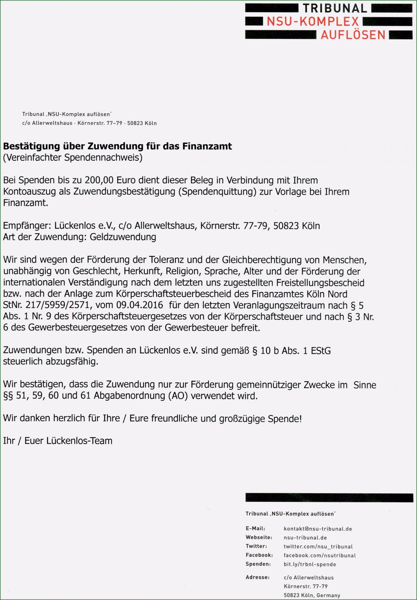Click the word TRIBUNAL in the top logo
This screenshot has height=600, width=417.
335,9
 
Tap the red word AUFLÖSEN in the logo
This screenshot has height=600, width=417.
353,35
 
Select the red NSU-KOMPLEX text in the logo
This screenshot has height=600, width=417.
313,22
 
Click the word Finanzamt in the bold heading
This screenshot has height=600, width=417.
207,146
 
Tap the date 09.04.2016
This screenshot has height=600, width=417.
139,305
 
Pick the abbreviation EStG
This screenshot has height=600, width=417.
321,351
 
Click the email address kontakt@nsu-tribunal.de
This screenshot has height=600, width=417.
318,529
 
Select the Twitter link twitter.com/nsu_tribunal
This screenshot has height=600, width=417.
318,546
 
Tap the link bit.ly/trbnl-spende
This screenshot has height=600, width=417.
310,564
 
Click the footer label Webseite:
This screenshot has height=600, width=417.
259,537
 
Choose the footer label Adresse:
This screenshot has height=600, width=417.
258,578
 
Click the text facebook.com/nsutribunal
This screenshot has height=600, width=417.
320,555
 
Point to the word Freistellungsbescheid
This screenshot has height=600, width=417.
320,283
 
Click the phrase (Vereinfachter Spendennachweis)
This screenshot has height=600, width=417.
73,157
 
